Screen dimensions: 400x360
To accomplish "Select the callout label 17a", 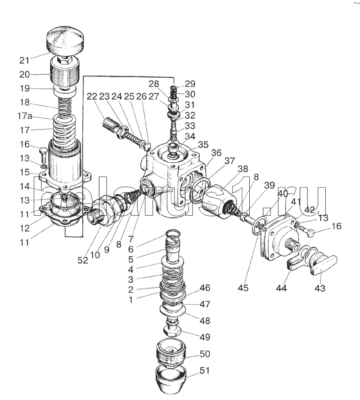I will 25,116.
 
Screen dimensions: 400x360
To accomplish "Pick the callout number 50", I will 205,355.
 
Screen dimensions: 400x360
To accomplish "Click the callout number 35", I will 203,144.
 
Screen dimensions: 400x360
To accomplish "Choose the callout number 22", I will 92,96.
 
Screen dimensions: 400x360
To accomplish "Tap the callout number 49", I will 205,337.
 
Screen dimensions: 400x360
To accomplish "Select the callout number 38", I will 243,169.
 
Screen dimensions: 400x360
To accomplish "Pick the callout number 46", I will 205,288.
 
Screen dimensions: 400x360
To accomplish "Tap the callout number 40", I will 282,194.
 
